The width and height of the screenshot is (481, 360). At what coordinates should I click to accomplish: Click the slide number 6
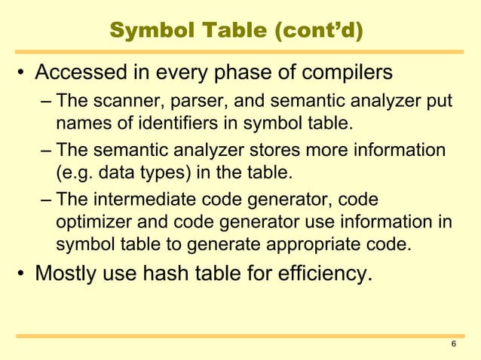click(x=452, y=345)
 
